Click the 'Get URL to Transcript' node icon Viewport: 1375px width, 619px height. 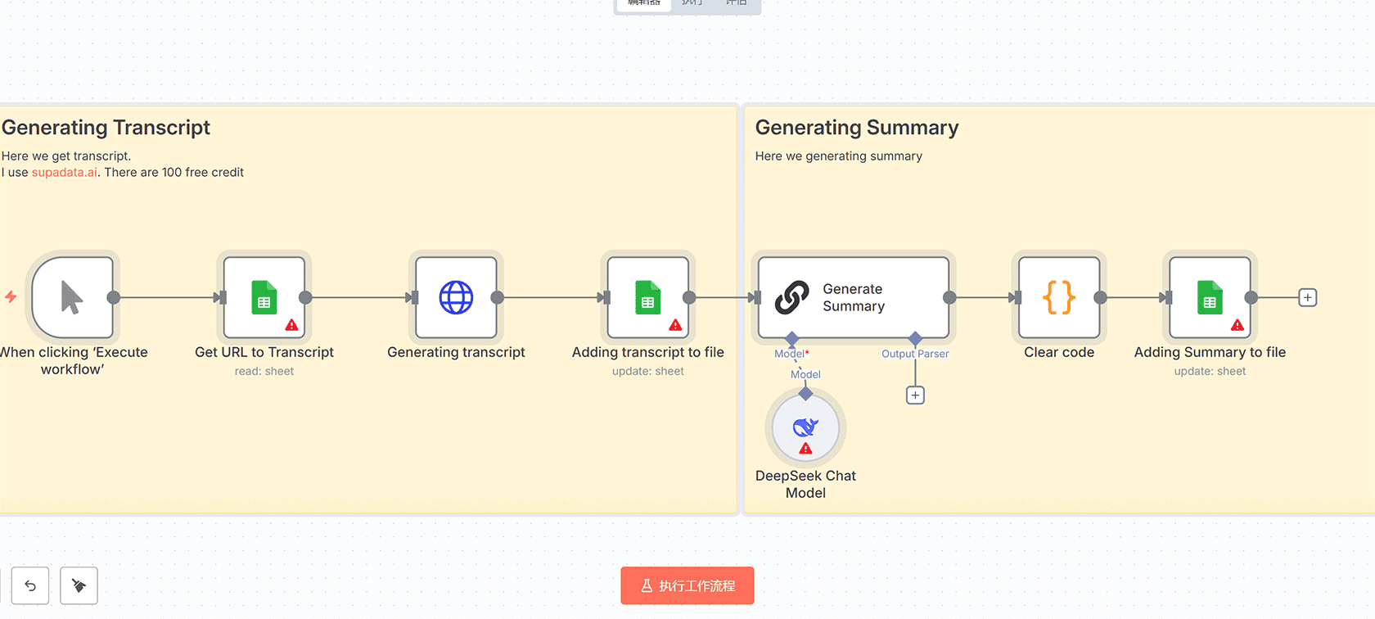tap(264, 297)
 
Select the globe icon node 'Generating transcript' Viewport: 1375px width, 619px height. tap(456, 297)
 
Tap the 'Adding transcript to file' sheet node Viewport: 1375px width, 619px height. tap(647, 297)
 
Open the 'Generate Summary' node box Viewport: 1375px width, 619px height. tap(853, 297)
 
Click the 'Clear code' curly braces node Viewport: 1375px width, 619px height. tap(1059, 297)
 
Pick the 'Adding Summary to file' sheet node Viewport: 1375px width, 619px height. tap(1210, 297)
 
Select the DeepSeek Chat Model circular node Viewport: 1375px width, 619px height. tap(805, 427)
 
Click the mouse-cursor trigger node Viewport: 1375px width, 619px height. tap(72, 297)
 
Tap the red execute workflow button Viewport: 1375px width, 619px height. tap(687, 585)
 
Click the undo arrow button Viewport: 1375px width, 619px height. tap(30, 585)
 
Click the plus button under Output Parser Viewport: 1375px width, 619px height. tap(915, 395)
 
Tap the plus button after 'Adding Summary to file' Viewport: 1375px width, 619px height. tap(1308, 297)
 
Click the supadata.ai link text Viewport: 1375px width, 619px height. tap(65, 172)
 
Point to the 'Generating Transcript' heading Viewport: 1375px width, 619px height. tap(106, 128)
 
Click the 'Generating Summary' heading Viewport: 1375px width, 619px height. tap(857, 128)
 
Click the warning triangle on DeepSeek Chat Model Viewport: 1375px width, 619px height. tap(805, 448)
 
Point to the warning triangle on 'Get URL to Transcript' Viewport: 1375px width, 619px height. tap(291, 325)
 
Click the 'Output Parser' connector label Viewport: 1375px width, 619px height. tap(915, 354)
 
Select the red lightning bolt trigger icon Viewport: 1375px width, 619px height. tap(11, 296)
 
